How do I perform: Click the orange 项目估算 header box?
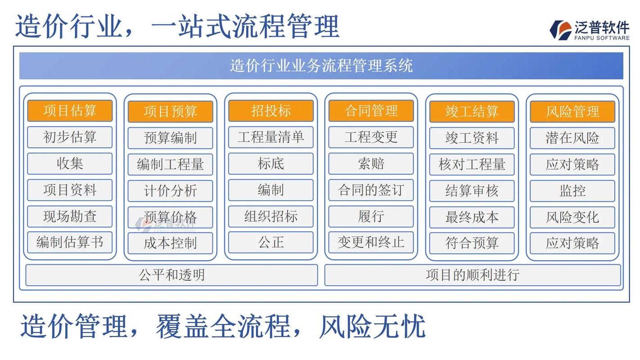[x=70, y=111]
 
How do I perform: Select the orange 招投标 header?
[x=270, y=111]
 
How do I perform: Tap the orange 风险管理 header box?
[x=572, y=111]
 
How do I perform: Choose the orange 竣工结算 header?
[x=472, y=111]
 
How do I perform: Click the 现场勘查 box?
[x=70, y=216]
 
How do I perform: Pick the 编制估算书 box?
[x=70, y=243]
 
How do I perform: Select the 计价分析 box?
[x=170, y=191]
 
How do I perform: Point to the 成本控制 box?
[x=170, y=243]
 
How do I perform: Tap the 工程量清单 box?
[x=270, y=137]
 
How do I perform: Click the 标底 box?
[x=270, y=164]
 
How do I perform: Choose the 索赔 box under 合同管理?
[x=371, y=164]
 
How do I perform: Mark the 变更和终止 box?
[x=371, y=243]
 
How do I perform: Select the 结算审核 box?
[x=472, y=191]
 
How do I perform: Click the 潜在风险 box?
[x=572, y=138]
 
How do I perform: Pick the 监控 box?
[x=572, y=191]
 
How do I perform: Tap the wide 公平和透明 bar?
[x=171, y=275]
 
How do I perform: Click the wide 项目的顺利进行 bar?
[x=473, y=275]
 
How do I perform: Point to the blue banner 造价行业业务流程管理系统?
[x=321, y=66]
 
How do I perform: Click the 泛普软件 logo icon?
[x=560, y=30]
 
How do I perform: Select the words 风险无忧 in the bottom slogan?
[x=372, y=326]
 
